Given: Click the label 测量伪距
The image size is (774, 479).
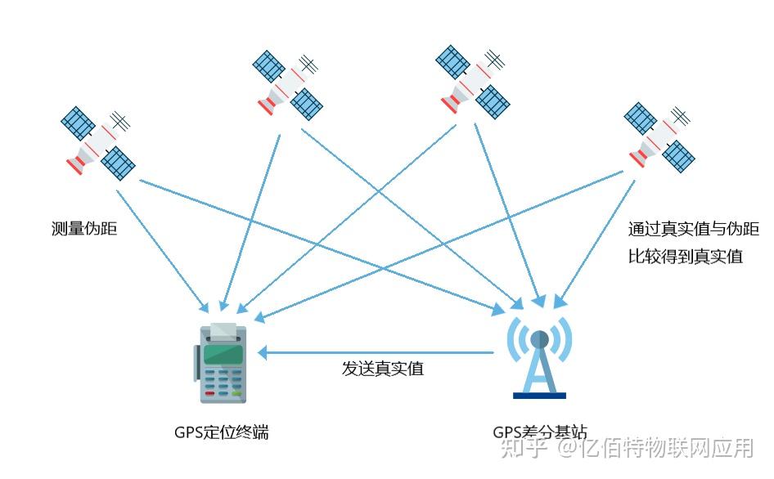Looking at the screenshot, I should click(x=84, y=229).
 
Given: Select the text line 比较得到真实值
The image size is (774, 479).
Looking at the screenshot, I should click(x=685, y=257).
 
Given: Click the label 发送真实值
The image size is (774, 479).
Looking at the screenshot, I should click(x=382, y=368).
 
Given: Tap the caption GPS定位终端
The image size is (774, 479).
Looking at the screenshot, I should click(x=221, y=432).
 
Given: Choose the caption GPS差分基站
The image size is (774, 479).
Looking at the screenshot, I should click(x=539, y=432).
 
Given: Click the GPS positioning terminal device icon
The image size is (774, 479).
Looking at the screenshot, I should click(x=221, y=363).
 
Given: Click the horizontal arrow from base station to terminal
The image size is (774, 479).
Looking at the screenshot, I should click(x=376, y=353).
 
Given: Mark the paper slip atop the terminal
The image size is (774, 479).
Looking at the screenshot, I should click(x=223, y=330).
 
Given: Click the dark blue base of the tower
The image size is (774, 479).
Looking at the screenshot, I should click(x=539, y=396).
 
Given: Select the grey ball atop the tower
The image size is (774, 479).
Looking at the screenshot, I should click(x=539, y=338).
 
